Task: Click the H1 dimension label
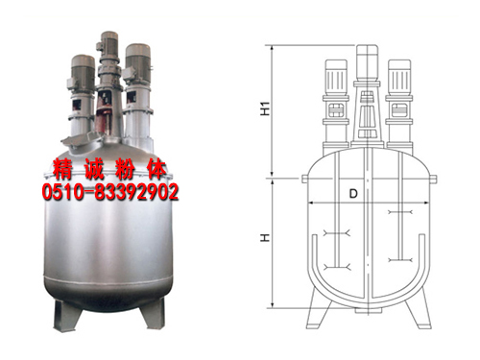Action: (x=265, y=108)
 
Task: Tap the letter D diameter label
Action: (x=353, y=193)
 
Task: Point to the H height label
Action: (x=265, y=237)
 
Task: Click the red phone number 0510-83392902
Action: (x=110, y=192)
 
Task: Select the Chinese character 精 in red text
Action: (x=63, y=169)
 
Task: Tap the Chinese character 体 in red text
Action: (x=156, y=169)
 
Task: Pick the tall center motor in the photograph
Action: (x=109, y=45)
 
